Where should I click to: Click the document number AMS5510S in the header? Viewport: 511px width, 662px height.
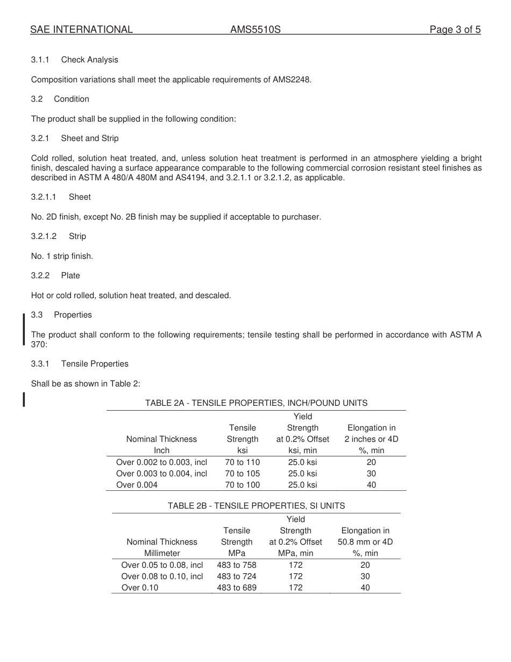(x=256, y=30)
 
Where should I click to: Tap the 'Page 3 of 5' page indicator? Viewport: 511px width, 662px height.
(x=455, y=30)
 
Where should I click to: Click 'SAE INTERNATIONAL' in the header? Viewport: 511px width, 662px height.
(x=81, y=30)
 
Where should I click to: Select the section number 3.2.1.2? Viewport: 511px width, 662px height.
(x=44, y=236)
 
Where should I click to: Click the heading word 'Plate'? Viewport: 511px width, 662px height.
(x=70, y=276)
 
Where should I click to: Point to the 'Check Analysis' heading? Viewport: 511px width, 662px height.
(x=89, y=60)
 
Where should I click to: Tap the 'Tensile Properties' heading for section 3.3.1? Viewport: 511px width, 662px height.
(x=95, y=364)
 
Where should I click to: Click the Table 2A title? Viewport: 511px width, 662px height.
(x=256, y=403)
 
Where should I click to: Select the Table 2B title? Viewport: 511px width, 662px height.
(x=256, y=506)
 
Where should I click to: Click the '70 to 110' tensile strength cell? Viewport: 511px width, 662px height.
(x=242, y=462)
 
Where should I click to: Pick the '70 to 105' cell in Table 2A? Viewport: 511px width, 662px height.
(x=242, y=474)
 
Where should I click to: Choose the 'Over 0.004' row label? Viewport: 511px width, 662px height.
(x=137, y=485)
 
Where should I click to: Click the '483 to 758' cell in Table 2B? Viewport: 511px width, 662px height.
(x=237, y=565)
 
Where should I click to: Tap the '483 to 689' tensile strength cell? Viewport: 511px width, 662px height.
(x=237, y=588)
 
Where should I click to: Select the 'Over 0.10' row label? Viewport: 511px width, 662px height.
(x=140, y=588)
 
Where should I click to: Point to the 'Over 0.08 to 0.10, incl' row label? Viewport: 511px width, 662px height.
(x=162, y=576)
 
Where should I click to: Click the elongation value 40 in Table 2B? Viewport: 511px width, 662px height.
(x=365, y=588)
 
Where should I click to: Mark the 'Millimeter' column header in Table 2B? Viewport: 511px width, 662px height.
(x=162, y=553)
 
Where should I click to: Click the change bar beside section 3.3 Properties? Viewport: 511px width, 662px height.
(x=24, y=329)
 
